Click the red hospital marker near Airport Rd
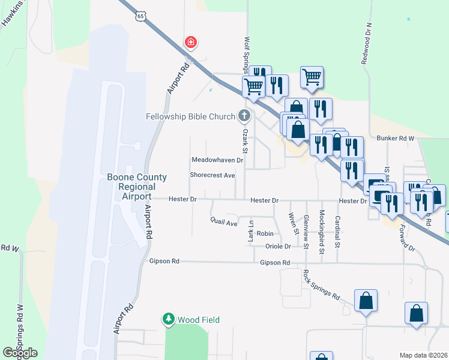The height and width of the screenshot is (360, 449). (x=191, y=42)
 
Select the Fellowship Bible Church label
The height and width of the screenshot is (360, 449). (x=190, y=116)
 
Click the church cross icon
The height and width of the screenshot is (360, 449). (x=244, y=115)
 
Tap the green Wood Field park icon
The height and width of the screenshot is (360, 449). (x=169, y=319)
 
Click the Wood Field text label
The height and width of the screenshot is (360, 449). (x=198, y=320)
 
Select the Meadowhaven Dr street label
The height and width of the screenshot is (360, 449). (x=217, y=160)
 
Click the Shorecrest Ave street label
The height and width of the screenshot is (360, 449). (x=212, y=175)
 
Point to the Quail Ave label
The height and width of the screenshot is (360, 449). (x=224, y=222)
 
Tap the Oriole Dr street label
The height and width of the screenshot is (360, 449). (x=278, y=246)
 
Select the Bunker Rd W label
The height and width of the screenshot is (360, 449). (x=396, y=138)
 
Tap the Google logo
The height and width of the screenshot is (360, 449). (x=20, y=353)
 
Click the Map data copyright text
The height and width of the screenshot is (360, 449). (x=424, y=355)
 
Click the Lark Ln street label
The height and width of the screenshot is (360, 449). (x=251, y=232)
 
